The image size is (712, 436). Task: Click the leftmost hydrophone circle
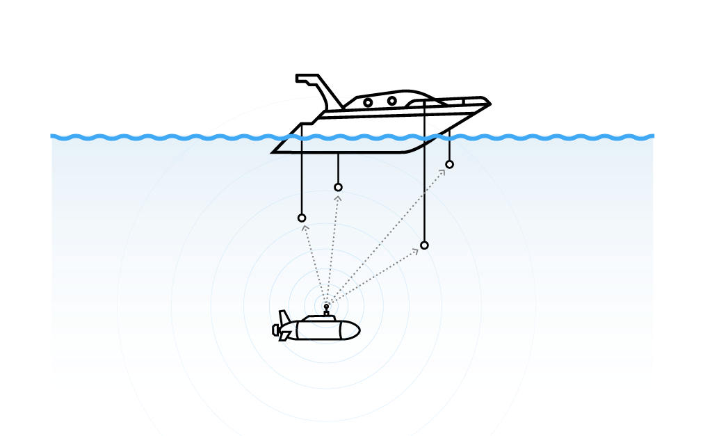tap(302, 218)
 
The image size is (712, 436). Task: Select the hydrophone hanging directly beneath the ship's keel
tap(338, 187)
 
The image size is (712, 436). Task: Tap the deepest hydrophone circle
tap(424, 245)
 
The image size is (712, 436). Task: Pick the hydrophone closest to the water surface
tap(449, 164)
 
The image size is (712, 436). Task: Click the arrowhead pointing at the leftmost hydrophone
tap(305, 227)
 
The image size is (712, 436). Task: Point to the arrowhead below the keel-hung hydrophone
tap(338, 197)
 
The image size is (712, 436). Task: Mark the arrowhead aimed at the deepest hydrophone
tap(416, 250)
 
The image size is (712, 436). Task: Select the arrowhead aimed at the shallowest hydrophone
tap(442, 172)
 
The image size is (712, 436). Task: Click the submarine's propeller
tap(275, 330)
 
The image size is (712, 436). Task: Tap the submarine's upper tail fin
tap(284, 316)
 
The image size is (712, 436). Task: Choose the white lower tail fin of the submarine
tap(284, 337)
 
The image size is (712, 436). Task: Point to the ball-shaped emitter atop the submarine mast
tap(326, 306)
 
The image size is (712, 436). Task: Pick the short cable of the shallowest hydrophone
tap(449, 150)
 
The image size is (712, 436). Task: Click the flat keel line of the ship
tap(348, 152)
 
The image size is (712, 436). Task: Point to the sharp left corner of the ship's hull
tap(272, 152)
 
